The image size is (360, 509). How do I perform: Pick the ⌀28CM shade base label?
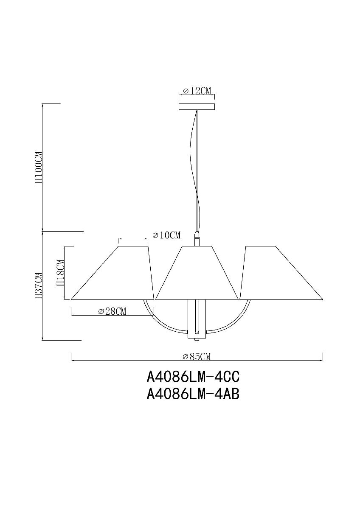[x=112, y=312]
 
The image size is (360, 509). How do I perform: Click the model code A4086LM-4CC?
[x=193, y=376]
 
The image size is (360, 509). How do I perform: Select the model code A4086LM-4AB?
[x=193, y=395]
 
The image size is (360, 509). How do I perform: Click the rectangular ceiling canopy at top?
[x=197, y=106]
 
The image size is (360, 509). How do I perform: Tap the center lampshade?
[x=197, y=274]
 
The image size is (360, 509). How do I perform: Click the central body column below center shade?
[x=197, y=318]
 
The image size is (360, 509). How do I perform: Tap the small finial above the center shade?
[x=197, y=239]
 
